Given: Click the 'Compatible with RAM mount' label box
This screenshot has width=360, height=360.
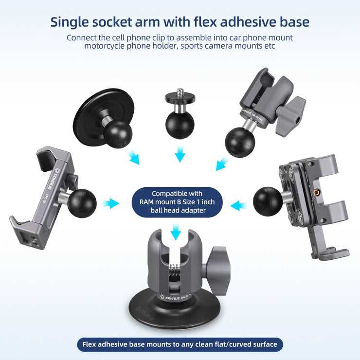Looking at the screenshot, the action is (x=177, y=202).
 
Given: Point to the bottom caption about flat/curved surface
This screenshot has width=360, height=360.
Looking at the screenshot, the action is (x=180, y=344).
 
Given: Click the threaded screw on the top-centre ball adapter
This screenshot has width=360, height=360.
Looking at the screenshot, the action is (x=180, y=91).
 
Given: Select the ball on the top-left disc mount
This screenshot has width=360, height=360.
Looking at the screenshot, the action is (x=118, y=134).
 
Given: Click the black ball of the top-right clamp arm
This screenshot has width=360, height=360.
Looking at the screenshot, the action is (x=240, y=143).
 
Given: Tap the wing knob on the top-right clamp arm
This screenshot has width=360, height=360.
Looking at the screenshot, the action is (x=290, y=116).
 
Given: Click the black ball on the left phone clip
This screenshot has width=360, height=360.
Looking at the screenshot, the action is (x=82, y=203).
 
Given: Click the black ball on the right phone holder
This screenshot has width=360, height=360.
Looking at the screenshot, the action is (x=268, y=201).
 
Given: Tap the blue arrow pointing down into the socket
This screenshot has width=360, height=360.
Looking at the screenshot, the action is (x=176, y=232).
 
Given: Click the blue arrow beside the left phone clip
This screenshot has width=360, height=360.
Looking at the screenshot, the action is (x=110, y=203).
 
